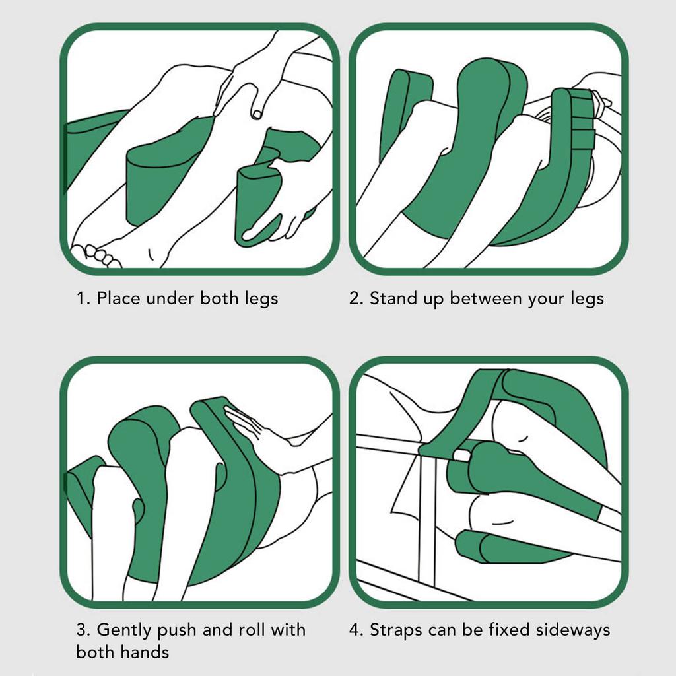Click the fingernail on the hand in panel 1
pyautogui.click(x=257, y=114)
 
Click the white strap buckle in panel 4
pyautogui.click(x=461, y=456)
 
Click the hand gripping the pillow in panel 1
pyautogui.click(x=276, y=203)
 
